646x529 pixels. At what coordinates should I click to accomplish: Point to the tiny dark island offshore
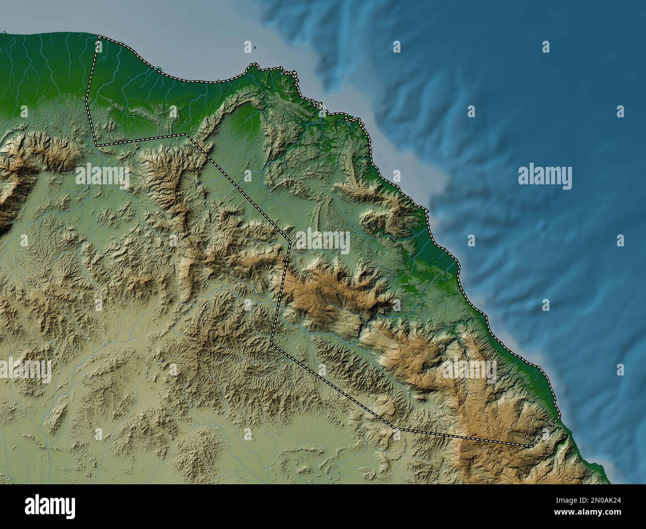(255, 48)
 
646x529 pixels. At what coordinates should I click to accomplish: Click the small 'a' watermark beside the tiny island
(247, 47)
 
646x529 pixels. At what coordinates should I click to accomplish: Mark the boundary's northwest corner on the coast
(98, 36)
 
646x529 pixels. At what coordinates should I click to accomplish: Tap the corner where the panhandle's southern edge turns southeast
(186, 134)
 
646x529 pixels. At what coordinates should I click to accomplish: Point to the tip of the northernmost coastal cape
(254, 65)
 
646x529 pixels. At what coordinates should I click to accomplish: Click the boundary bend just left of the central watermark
(289, 243)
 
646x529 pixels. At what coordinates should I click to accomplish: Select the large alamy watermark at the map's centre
(323, 241)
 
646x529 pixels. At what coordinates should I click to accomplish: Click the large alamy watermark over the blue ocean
(545, 177)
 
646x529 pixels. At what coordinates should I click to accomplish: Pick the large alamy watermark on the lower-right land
(470, 370)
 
